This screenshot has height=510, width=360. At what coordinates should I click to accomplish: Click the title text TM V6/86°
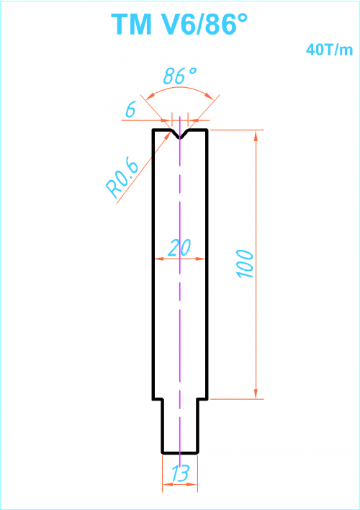point(179,24)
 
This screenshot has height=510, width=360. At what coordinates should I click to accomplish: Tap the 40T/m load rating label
point(329,50)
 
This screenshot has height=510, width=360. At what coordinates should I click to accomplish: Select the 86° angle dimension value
point(180,76)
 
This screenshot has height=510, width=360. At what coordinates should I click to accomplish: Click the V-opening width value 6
point(130,111)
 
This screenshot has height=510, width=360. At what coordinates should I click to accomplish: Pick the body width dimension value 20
point(179,248)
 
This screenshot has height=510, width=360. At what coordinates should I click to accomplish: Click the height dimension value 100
point(246,264)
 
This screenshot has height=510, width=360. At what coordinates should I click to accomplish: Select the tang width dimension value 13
point(180,473)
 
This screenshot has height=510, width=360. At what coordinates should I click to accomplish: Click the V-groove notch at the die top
point(180,134)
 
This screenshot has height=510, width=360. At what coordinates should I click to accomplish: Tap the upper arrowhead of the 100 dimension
point(256,135)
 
